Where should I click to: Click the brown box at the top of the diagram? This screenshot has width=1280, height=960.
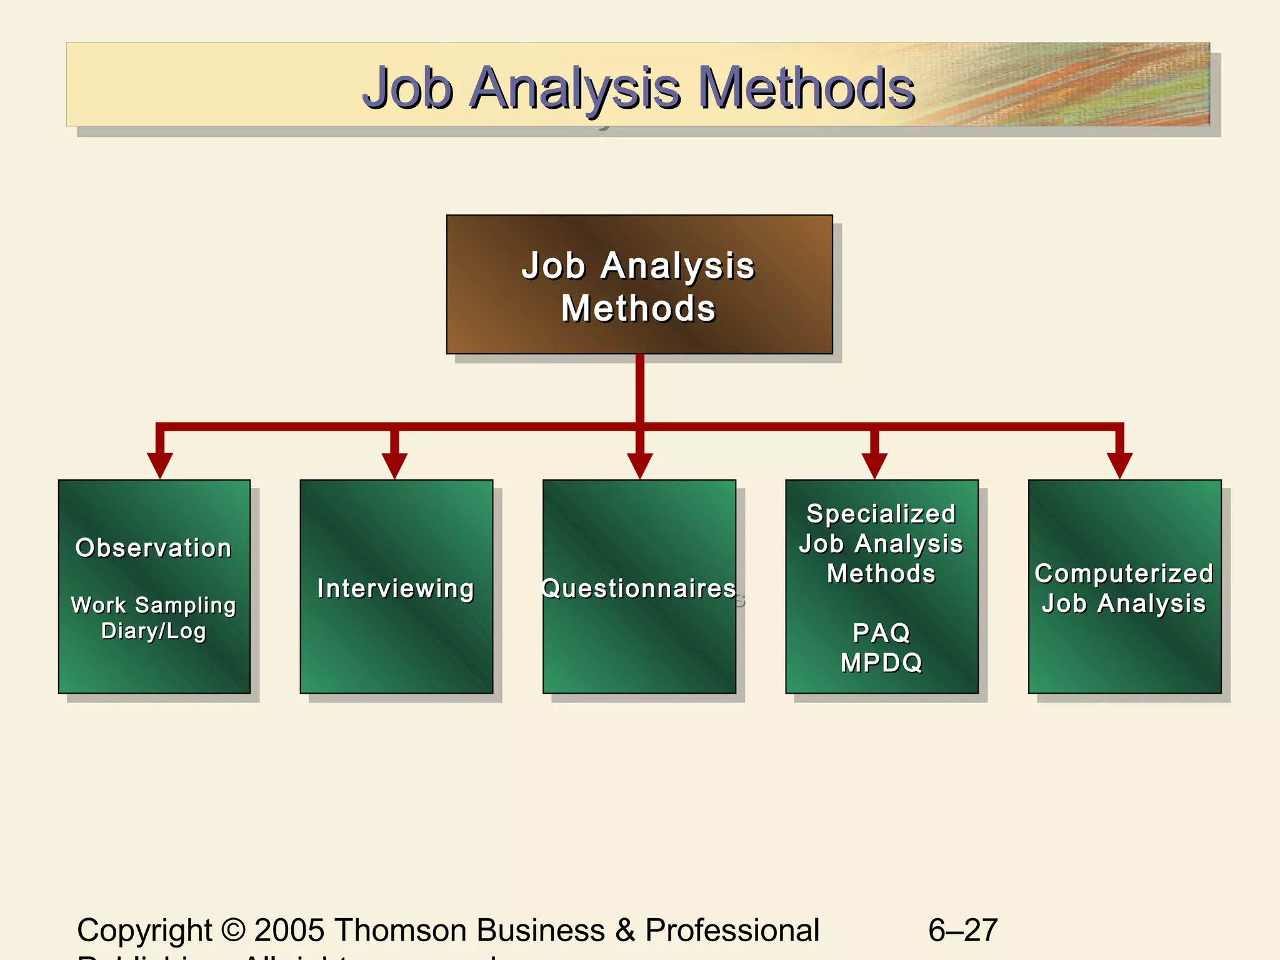639,285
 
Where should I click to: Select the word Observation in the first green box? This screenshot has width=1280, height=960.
154,548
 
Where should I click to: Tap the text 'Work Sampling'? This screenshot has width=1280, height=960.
154,605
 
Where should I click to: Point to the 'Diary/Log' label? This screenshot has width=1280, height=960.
154,631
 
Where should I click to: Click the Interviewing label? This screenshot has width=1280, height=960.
396,589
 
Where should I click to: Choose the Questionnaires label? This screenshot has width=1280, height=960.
639,589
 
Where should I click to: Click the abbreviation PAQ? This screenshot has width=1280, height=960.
881,633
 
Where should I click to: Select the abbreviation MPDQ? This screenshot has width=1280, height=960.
881,662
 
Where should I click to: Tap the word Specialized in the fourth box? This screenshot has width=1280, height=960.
881,514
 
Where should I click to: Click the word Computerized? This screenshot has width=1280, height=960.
1124,574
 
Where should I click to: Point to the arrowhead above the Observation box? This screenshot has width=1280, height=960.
160,465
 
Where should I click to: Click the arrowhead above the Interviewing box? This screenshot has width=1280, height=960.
394,465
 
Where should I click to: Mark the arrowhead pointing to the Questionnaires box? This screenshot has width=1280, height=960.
640,465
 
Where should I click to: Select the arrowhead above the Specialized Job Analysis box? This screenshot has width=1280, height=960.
874,465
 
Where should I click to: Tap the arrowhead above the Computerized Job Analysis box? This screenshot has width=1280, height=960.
1119,465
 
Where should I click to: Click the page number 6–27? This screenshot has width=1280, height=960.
962,930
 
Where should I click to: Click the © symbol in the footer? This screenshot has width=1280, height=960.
233,930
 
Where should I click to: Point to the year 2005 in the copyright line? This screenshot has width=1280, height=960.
289,930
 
